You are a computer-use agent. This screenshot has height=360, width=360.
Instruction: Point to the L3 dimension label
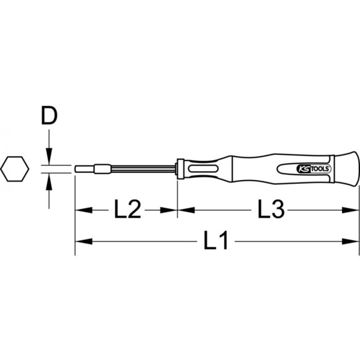tap(271, 210)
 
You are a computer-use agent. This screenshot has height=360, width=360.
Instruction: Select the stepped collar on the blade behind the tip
tap(101, 168)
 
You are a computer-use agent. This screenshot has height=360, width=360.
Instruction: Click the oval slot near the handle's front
tap(202, 168)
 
